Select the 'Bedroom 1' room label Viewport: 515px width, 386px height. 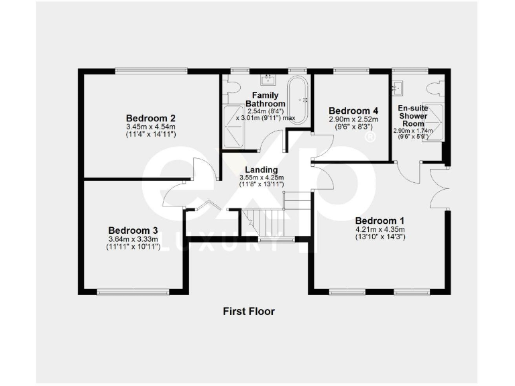pyautogui.click(x=380, y=220)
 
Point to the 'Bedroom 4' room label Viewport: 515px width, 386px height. pyautogui.click(x=353, y=111)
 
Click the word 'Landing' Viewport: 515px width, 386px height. pyautogui.click(x=257, y=170)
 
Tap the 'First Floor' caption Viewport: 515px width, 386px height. pyautogui.click(x=249, y=311)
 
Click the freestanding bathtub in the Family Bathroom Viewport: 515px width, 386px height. pyautogui.click(x=298, y=101)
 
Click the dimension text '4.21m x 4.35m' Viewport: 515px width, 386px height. pyautogui.click(x=380, y=229)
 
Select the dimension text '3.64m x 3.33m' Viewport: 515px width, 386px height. pyautogui.click(x=133, y=239)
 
